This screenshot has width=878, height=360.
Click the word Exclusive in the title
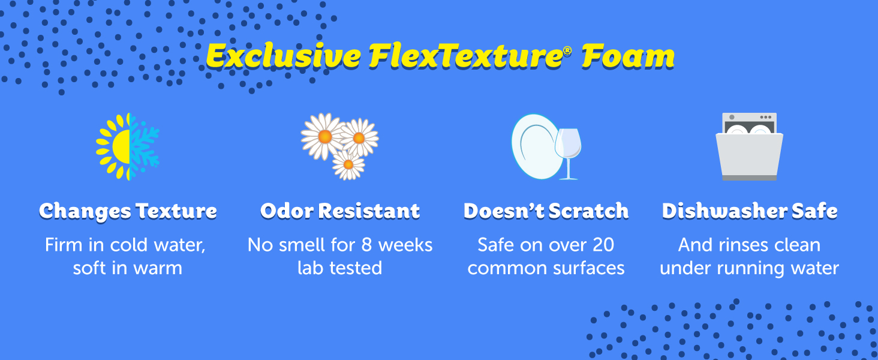pyautogui.click(x=283, y=56)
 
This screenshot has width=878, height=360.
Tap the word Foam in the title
pyautogui.click(x=628, y=56)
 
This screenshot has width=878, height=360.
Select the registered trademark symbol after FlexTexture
pyautogui.click(x=567, y=51)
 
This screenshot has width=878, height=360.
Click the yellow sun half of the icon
pyautogui.click(x=113, y=146)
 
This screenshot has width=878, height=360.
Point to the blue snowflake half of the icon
pyautogui.click(x=143, y=146)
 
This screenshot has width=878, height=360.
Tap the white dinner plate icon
pyautogui.click(x=536, y=146)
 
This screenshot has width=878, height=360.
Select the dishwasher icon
pyautogui.click(x=749, y=146)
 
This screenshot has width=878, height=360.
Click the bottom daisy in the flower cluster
pyautogui.click(x=348, y=165)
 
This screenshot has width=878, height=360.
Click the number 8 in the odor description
pyautogui.click(x=366, y=245)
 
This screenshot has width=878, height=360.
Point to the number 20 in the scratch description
pyautogui.click(x=603, y=245)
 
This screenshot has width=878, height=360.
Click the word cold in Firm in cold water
pyautogui.click(x=130, y=245)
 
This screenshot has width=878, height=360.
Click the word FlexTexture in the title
pyautogui.click(x=465, y=56)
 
